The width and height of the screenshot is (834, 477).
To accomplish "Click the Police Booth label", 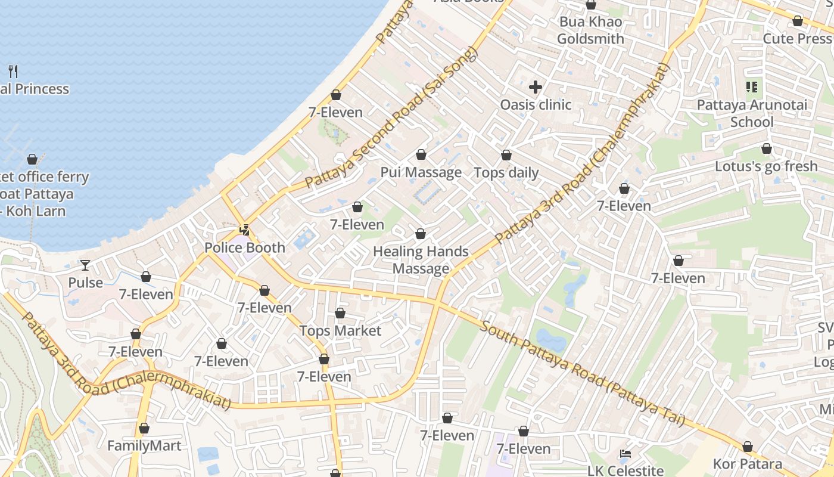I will tap(244, 247).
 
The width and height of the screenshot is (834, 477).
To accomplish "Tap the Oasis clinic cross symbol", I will tap(536, 87).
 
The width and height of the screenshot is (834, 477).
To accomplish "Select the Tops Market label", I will tap(340, 330).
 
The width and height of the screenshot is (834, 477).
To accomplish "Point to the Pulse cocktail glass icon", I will tap(85, 265).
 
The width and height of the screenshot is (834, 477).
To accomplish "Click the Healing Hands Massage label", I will tap(421, 260).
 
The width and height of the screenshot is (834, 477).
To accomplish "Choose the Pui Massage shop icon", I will tap(421, 155).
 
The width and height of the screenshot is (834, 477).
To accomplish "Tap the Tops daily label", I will tap(506, 173).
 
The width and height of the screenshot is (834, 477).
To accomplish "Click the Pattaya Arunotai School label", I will tap(752, 113).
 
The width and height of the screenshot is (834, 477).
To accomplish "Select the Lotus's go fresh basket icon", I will tap(767, 148).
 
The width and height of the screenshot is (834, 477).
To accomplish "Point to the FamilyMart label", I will tap(144, 445).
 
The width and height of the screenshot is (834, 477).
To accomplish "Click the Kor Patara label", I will tap(748, 464).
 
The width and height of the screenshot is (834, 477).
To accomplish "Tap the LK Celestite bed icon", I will tap(625, 454).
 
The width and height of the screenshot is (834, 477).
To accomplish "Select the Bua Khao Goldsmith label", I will tap(590, 30).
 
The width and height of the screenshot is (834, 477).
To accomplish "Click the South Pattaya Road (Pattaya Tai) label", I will tap(582, 373).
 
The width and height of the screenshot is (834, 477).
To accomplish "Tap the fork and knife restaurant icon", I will tap(14, 72).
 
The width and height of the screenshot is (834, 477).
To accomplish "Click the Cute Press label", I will tap(797, 38).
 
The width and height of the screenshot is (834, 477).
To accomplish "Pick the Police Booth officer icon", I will tap(244, 230).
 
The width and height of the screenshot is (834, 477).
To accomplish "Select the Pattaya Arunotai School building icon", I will tap(752, 88).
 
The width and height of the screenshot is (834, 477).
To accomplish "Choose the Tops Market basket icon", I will tap(340, 313).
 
